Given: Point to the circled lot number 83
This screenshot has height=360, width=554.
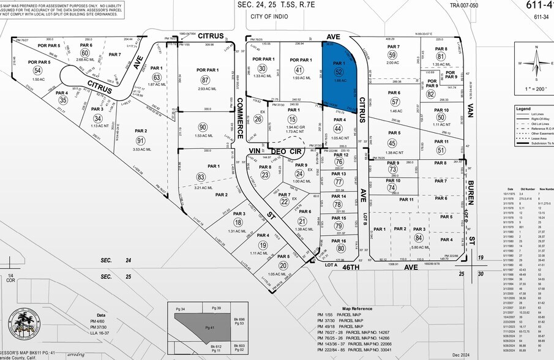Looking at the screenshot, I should pos(201,177).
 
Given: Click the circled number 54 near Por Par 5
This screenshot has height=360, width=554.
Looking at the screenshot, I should pos(37,70).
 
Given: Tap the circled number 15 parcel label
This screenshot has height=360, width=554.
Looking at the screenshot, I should pos(292,119).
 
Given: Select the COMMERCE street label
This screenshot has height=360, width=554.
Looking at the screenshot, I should pos(240,119).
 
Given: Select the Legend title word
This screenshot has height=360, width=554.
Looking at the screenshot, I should pos(523,108).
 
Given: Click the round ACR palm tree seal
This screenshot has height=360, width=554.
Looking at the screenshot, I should pos(24,324).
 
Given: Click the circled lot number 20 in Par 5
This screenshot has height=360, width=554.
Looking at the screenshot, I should pos(283,265).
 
